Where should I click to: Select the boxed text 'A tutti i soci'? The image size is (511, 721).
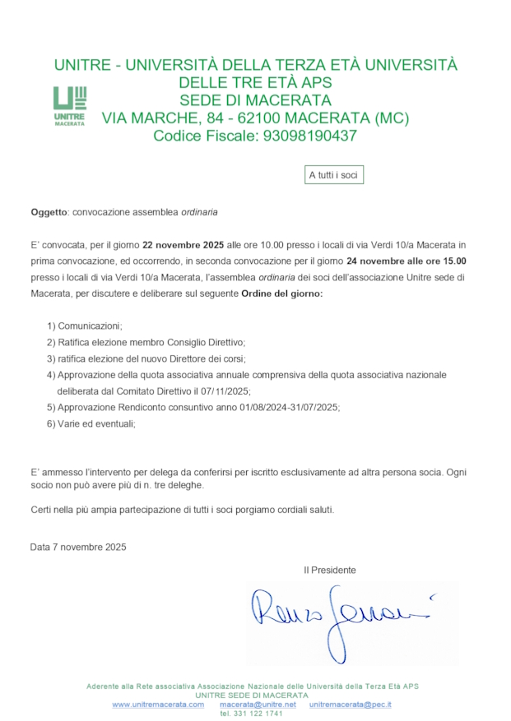[x=334, y=175]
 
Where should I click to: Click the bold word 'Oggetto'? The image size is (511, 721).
[x=49, y=212]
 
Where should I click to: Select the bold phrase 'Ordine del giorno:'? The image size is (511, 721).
[x=281, y=293]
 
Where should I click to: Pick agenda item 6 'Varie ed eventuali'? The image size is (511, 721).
[x=91, y=423]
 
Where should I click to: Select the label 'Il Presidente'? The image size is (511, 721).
[x=330, y=570]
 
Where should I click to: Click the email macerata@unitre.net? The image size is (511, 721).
[x=258, y=705]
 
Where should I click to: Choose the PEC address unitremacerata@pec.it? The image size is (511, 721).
[x=351, y=705]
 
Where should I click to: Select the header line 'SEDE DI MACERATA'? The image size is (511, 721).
[x=255, y=100]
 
